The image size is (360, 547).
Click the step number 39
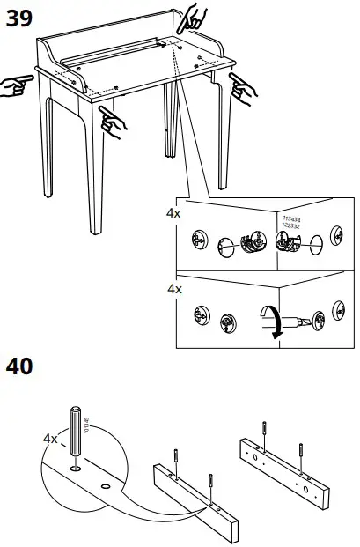(18, 18)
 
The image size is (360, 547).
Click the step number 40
(18, 365)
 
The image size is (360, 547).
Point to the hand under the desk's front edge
(112, 120)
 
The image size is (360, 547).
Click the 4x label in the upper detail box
(173, 213)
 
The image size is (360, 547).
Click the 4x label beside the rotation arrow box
(173, 288)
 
